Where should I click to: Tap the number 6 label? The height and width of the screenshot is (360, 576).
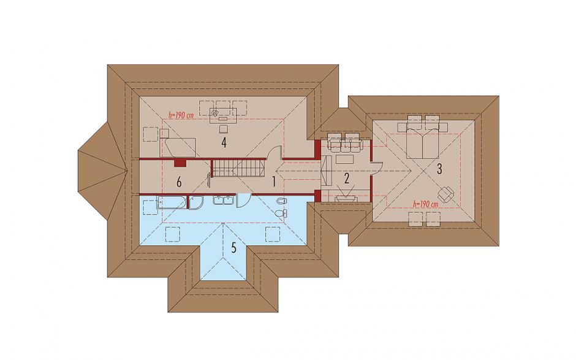click(179, 182)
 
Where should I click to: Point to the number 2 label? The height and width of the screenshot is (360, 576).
click(346, 178)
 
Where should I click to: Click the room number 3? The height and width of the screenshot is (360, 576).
click(439, 169)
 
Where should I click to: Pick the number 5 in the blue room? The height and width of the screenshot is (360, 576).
click(233, 248)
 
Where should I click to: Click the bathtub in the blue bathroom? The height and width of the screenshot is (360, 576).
click(172, 203)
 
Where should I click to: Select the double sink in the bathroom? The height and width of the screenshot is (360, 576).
click(223, 200)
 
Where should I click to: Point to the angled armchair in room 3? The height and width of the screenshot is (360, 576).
click(446, 194)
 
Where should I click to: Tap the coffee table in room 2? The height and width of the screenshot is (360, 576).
click(344, 159)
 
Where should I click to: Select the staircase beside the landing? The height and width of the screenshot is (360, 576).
click(239, 167)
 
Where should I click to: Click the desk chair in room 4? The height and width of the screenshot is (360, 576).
click(224, 129)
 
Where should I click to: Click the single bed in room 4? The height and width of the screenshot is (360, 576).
click(178, 147)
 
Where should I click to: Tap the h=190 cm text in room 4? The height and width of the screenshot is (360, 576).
click(181, 115)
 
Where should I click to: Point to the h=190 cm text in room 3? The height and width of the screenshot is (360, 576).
click(425, 204)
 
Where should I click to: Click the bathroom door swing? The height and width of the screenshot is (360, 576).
click(243, 200)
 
